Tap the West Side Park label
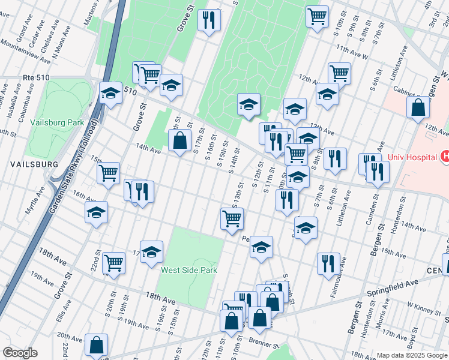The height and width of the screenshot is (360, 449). [x=188, y=271]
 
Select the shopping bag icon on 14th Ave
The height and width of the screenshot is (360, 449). [x=179, y=141]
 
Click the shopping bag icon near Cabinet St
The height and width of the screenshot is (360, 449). [x=418, y=107]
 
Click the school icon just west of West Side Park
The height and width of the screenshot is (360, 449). [x=152, y=251]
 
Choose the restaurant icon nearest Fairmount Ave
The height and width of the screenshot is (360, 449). [x=328, y=263]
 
